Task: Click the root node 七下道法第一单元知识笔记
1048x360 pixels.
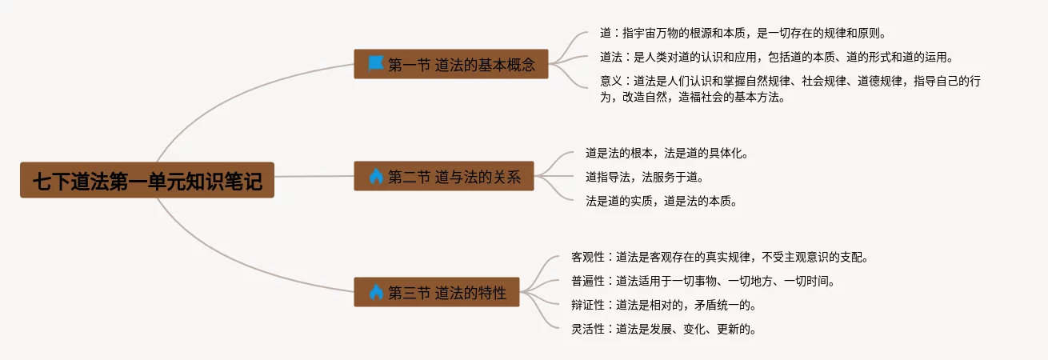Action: point(147,181)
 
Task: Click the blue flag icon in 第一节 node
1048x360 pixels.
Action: point(376,63)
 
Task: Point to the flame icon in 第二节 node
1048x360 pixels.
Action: point(376,176)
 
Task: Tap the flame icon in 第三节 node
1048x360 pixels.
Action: point(376,292)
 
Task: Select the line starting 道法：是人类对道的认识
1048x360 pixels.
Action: point(776,58)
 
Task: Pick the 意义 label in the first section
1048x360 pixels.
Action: point(611,82)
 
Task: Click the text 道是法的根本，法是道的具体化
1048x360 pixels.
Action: point(666,153)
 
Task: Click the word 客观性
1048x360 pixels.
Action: point(587,258)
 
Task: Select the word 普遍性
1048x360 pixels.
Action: point(587,282)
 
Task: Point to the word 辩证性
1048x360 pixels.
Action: point(587,305)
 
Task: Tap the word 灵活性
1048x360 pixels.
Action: point(587,329)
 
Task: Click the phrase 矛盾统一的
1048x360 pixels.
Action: point(723,305)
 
